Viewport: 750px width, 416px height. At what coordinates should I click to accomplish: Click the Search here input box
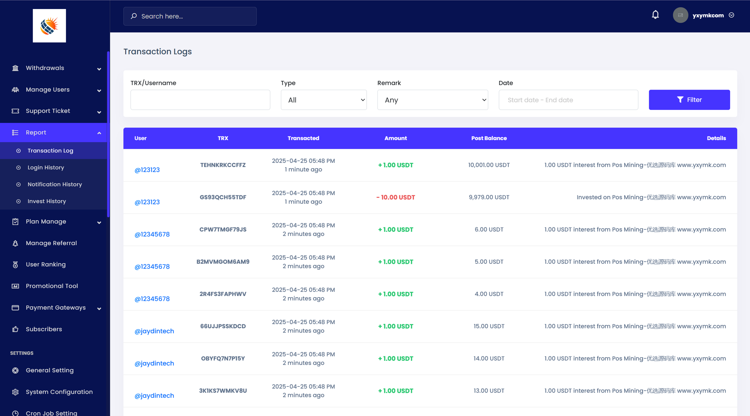point(190,16)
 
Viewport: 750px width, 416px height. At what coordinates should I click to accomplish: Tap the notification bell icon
point(655,15)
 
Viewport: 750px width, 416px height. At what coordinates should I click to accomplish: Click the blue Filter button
point(689,100)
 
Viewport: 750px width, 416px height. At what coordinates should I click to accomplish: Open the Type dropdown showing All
point(324,100)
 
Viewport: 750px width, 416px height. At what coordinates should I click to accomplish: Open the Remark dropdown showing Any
point(432,100)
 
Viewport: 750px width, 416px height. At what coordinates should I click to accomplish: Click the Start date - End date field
point(568,100)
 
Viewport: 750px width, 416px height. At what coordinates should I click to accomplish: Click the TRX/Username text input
point(200,100)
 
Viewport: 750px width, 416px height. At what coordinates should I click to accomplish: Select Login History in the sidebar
point(46,168)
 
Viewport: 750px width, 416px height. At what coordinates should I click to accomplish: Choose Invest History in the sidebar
point(47,201)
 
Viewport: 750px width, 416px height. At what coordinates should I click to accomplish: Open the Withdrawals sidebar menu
point(45,68)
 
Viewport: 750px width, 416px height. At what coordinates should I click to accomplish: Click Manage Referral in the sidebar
point(51,243)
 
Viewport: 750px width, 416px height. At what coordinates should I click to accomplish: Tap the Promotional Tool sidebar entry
point(52,286)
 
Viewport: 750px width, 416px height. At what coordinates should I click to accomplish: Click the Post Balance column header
point(489,138)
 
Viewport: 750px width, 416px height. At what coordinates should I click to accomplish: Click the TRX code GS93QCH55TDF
point(223,197)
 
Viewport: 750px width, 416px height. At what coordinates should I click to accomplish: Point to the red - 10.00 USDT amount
point(395,197)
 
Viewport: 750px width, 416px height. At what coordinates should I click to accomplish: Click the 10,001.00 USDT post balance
point(489,165)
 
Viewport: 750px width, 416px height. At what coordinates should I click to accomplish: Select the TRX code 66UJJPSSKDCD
point(223,326)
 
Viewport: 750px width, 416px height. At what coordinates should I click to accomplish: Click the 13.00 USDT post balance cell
point(489,391)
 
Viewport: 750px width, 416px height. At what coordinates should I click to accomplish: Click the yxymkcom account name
point(708,15)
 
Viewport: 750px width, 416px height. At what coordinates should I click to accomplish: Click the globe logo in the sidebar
point(49,26)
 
